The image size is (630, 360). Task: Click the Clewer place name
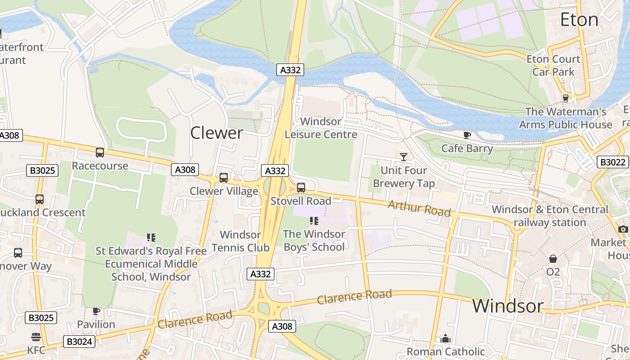(x=216, y=133)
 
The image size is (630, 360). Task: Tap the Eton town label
(x=579, y=20)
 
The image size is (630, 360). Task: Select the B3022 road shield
(x=612, y=162)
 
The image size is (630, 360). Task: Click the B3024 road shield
(x=79, y=342)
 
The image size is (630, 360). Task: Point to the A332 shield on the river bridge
(x=290, y=70)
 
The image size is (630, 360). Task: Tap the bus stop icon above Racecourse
(x=100, y=153)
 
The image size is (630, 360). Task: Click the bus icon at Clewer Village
(x=224, y=178)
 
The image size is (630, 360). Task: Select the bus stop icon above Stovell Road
(x=301, y=188)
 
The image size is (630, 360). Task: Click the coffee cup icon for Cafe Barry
(x=467, y=135)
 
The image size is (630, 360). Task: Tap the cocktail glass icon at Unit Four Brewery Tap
(x=404, y=157)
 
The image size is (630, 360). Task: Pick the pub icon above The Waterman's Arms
(x=566, y=98)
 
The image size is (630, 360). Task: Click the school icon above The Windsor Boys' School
(x=314, y=221)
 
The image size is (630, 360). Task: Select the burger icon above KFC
(x=36, y=337)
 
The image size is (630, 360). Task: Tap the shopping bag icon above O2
(x=553, y=259)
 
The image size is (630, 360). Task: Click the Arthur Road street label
(x=419, y=208)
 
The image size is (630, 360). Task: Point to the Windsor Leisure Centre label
(x=321, y=128)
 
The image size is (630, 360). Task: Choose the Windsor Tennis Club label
(x=240, y=241)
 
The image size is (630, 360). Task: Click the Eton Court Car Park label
(x=553, y=65)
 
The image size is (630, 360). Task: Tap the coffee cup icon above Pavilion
(x=96, y=311)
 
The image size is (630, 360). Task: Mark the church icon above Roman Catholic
(x=445, y=338)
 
